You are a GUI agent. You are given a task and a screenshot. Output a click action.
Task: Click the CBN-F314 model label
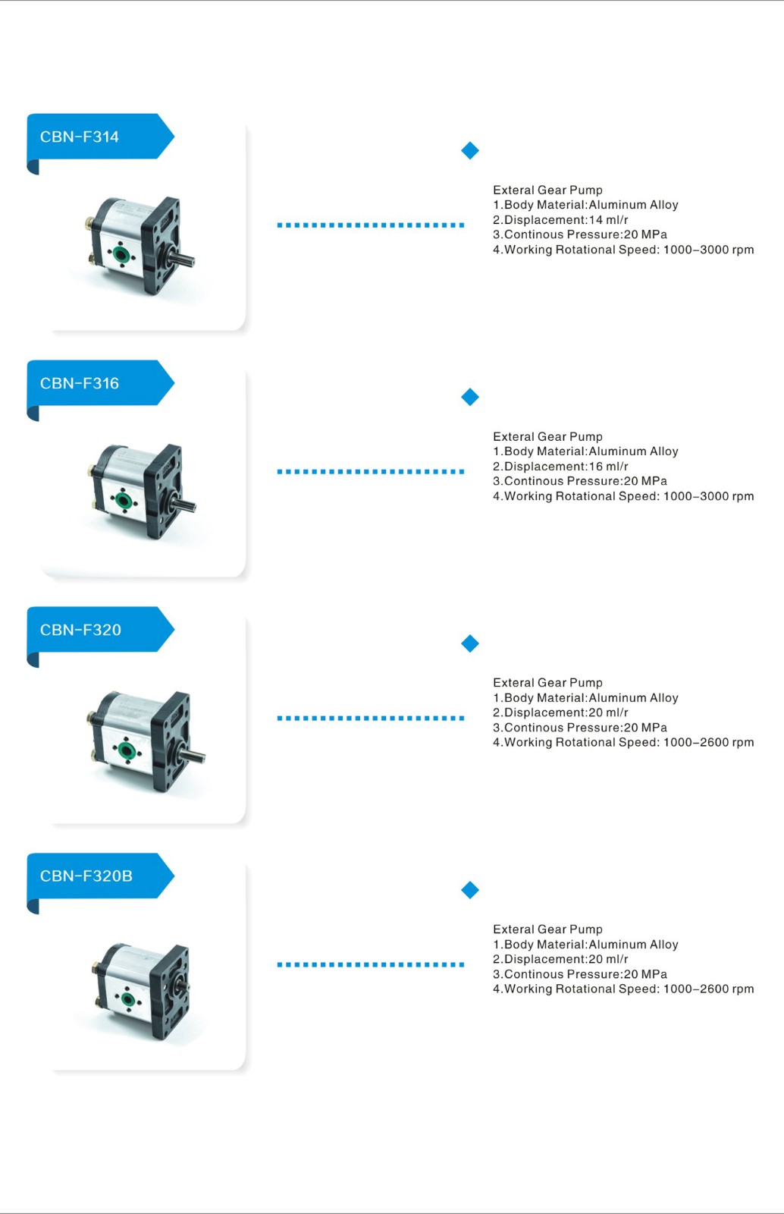pos(79,137)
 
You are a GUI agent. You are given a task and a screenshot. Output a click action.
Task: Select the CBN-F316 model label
pos(79,383)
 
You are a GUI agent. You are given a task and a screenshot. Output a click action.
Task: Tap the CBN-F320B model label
pos(86,876)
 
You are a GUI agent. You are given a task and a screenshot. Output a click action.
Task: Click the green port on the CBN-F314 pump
pos(121,253)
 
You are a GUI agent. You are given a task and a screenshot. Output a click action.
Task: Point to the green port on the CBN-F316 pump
pos(124,500)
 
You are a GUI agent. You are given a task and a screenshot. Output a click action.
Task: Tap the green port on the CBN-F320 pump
pos(127,750)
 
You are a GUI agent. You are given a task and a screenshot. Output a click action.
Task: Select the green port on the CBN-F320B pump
pos(128,999)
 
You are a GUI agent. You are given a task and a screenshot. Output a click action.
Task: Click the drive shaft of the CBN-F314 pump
pos(180,256)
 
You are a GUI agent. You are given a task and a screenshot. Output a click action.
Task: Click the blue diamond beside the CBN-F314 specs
pos(470,151)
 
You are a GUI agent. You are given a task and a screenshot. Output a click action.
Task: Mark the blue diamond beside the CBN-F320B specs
pos(470,890)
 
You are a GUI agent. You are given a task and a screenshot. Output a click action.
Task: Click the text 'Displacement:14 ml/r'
pos(566,219)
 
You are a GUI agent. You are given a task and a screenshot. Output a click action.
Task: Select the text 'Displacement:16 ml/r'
pos(566,466)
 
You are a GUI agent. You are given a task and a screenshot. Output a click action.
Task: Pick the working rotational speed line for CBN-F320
pos(623,742)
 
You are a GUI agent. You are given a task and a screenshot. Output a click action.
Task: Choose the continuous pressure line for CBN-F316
pos(580,481)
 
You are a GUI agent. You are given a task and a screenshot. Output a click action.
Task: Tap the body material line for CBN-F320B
pos(585,944)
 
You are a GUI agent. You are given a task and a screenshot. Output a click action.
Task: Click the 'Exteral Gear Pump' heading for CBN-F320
pos(547,682)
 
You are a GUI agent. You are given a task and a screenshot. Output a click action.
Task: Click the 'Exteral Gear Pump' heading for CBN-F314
pos(547,190)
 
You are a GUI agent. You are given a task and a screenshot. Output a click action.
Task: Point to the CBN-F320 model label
pos(80,630)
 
